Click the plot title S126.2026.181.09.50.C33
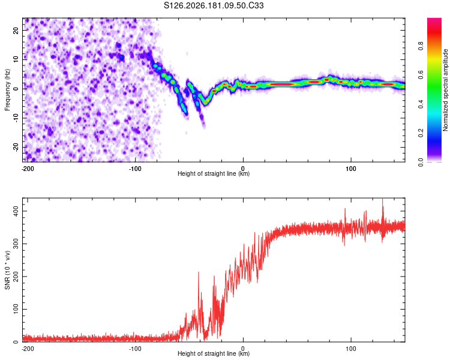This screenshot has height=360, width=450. [214, 5]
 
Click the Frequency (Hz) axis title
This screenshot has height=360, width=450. [7, 90]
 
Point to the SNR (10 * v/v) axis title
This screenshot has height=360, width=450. [7, 270]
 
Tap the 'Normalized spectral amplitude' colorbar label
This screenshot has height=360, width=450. [445, 90]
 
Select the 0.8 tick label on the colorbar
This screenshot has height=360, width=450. [421, 46]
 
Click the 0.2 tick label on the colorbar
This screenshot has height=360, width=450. [421, 133]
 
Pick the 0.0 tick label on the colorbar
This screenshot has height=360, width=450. [421, 162]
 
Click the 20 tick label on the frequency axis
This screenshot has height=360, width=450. [16, 30]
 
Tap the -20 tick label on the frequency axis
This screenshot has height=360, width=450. [16, 147]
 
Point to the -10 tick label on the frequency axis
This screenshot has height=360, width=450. [16, 118]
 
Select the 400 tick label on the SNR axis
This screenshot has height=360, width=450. [16, 211]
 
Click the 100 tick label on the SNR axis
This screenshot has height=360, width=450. [16, 309]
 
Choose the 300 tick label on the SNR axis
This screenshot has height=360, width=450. [16, 244]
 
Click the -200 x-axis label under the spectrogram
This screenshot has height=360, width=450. [28, 169]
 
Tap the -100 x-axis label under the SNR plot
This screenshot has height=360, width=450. [135, 349]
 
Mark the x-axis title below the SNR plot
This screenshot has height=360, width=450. [214, 353]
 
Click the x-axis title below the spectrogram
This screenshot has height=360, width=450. [214, 173]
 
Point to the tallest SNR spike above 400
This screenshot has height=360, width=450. [382, 199]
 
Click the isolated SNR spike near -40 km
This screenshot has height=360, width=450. [199, 273]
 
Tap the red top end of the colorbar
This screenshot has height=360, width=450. [434, 20]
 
